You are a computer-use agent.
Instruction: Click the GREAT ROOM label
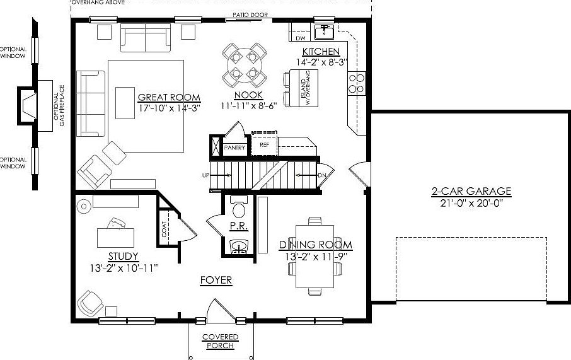(x=169, y=97)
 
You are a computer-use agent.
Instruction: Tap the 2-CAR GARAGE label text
(x=471, y=191)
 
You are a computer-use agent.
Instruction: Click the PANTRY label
(x=234, y=148)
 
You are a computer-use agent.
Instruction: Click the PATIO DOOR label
(x=249, y=15)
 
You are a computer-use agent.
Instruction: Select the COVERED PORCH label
(x=219, y=341)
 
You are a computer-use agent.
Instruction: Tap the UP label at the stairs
(x=205, y=175)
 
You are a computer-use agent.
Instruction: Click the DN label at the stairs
(x=321, y=175)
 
